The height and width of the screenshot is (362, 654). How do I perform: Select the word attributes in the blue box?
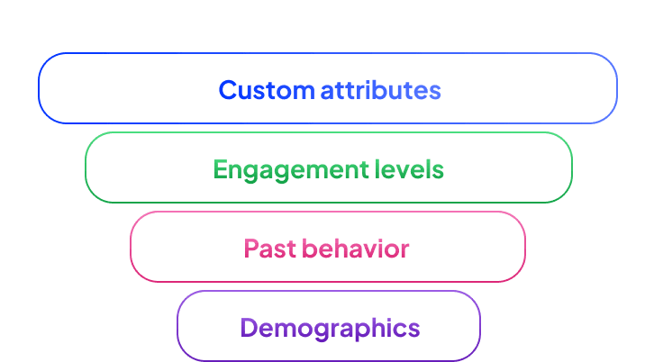click(x=381, y=90)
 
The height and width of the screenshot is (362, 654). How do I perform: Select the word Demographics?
click(x=330, y=328)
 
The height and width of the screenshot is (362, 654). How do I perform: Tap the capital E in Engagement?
click(x=220, y=169)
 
